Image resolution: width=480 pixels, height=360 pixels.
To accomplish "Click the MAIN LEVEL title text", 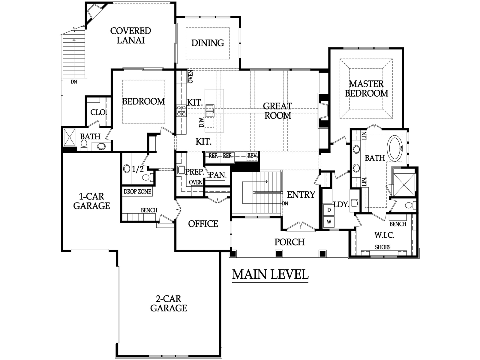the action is (270, 274).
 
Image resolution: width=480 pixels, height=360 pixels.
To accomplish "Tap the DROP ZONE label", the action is (137, 192).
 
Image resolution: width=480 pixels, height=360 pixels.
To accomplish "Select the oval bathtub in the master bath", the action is (395, 148).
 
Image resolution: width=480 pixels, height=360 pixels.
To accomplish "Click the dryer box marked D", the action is (329, 210).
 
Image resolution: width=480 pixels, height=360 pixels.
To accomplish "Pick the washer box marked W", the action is (329, 222).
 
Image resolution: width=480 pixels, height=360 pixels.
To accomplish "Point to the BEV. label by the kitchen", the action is (252, 156).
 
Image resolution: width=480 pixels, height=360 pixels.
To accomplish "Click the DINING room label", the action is (208, 43).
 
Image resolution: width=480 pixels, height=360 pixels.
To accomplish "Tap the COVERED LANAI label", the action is (130, 36).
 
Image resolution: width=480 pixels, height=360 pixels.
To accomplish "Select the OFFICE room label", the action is (203, 224).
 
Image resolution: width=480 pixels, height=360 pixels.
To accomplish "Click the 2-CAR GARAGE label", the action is (168, 303).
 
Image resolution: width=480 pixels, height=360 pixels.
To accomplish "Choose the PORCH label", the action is (289, 242).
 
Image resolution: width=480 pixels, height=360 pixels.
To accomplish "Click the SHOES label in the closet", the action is (383, 247).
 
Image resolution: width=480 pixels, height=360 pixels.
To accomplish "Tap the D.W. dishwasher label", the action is (201, 122).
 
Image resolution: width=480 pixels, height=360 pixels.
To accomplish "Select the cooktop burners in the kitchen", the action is (181, 111).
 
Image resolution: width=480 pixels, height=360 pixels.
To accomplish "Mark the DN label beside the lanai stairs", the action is (74, 82).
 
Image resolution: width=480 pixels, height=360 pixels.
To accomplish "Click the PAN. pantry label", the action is (217, 175).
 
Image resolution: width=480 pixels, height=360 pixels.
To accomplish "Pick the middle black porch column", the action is (279, 253).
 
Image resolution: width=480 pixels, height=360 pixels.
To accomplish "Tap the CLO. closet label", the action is (98, 112).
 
